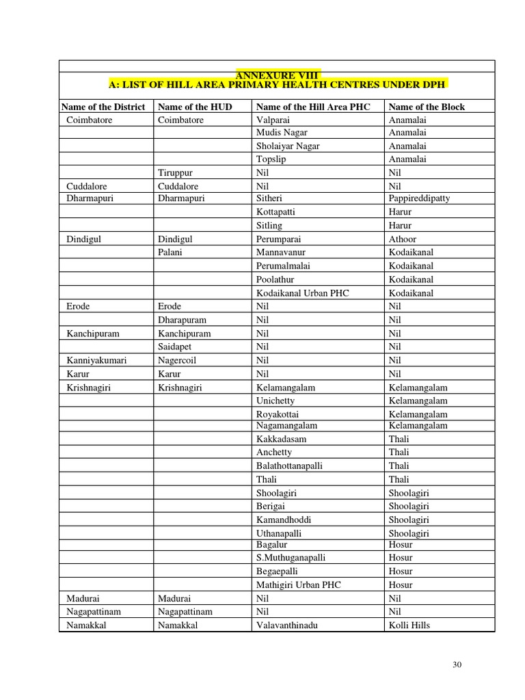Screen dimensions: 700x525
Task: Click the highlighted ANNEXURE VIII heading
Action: pos(278,74)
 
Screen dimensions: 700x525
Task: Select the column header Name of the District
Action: pos(103,107)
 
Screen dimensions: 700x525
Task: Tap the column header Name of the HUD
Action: pos(193,107)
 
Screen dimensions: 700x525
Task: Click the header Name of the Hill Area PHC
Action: pos(312,107)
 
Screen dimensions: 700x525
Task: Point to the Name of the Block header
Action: pos(426,107)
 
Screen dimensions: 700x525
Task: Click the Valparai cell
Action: pos(272,120)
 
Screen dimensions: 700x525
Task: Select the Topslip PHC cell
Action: pos(270,159)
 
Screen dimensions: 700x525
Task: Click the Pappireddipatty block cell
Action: pos(419,198)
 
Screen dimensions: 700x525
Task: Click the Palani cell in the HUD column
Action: pos(171,252)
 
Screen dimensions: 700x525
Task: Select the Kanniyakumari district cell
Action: pos(96,360)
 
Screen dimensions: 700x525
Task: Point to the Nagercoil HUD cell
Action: pos(178,360)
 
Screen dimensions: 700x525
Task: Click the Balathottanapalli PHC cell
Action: pos(289,466)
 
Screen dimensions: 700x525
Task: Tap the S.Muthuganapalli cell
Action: pos(291,558)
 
